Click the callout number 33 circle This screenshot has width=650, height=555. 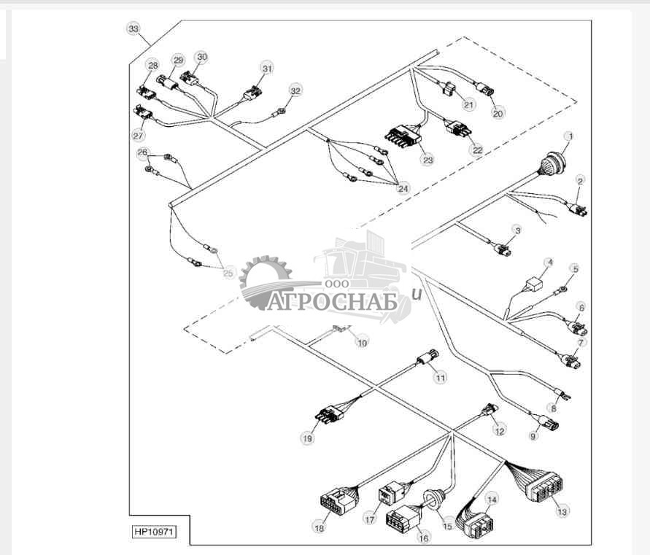coord(133,28)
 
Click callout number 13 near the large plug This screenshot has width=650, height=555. coord(561,512)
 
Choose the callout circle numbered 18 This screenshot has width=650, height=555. coord(319,527)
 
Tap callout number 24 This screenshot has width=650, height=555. coord(403,187)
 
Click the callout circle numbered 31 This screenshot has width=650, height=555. coord(267,68)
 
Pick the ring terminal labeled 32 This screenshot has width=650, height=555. coord(279,113)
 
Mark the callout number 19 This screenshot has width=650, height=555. coord(306,438)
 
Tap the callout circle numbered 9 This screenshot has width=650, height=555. coord(533,436)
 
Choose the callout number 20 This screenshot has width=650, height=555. coord(498,113)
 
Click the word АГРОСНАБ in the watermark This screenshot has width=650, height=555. coord(331,301)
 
